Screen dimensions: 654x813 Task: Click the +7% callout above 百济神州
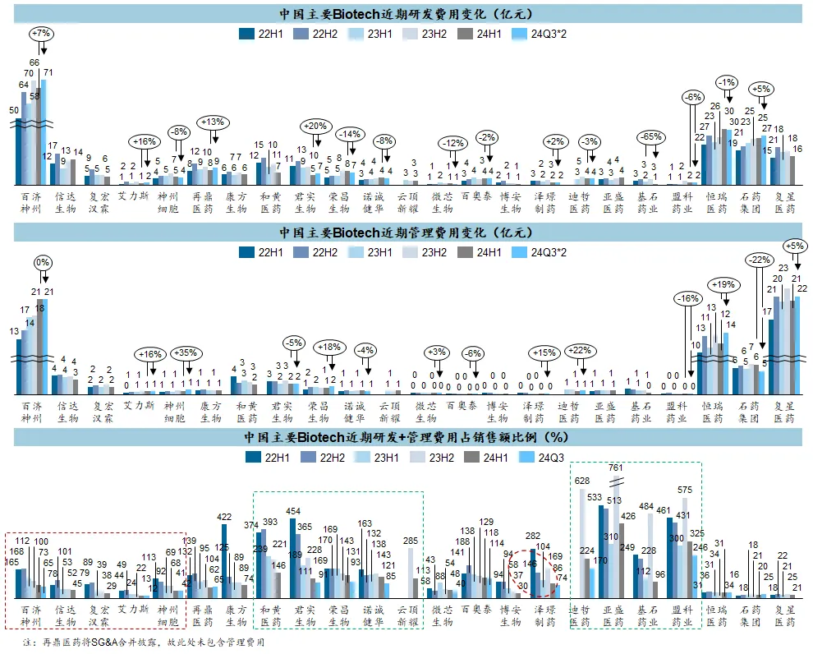pos(42,34)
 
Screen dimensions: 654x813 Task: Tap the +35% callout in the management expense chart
pos(187,353)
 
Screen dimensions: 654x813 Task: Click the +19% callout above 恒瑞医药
pos(724,284)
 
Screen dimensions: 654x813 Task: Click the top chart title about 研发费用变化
pos(406,14)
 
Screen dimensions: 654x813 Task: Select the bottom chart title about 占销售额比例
pos(406,435)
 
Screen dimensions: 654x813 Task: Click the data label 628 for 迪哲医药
pos(582,481)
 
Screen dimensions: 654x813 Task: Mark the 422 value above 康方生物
pos(223,517)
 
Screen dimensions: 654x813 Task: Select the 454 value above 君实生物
pos(293,512)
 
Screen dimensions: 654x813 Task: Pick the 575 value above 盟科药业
pos(685,490)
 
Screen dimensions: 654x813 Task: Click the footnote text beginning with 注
pos(145,642)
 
